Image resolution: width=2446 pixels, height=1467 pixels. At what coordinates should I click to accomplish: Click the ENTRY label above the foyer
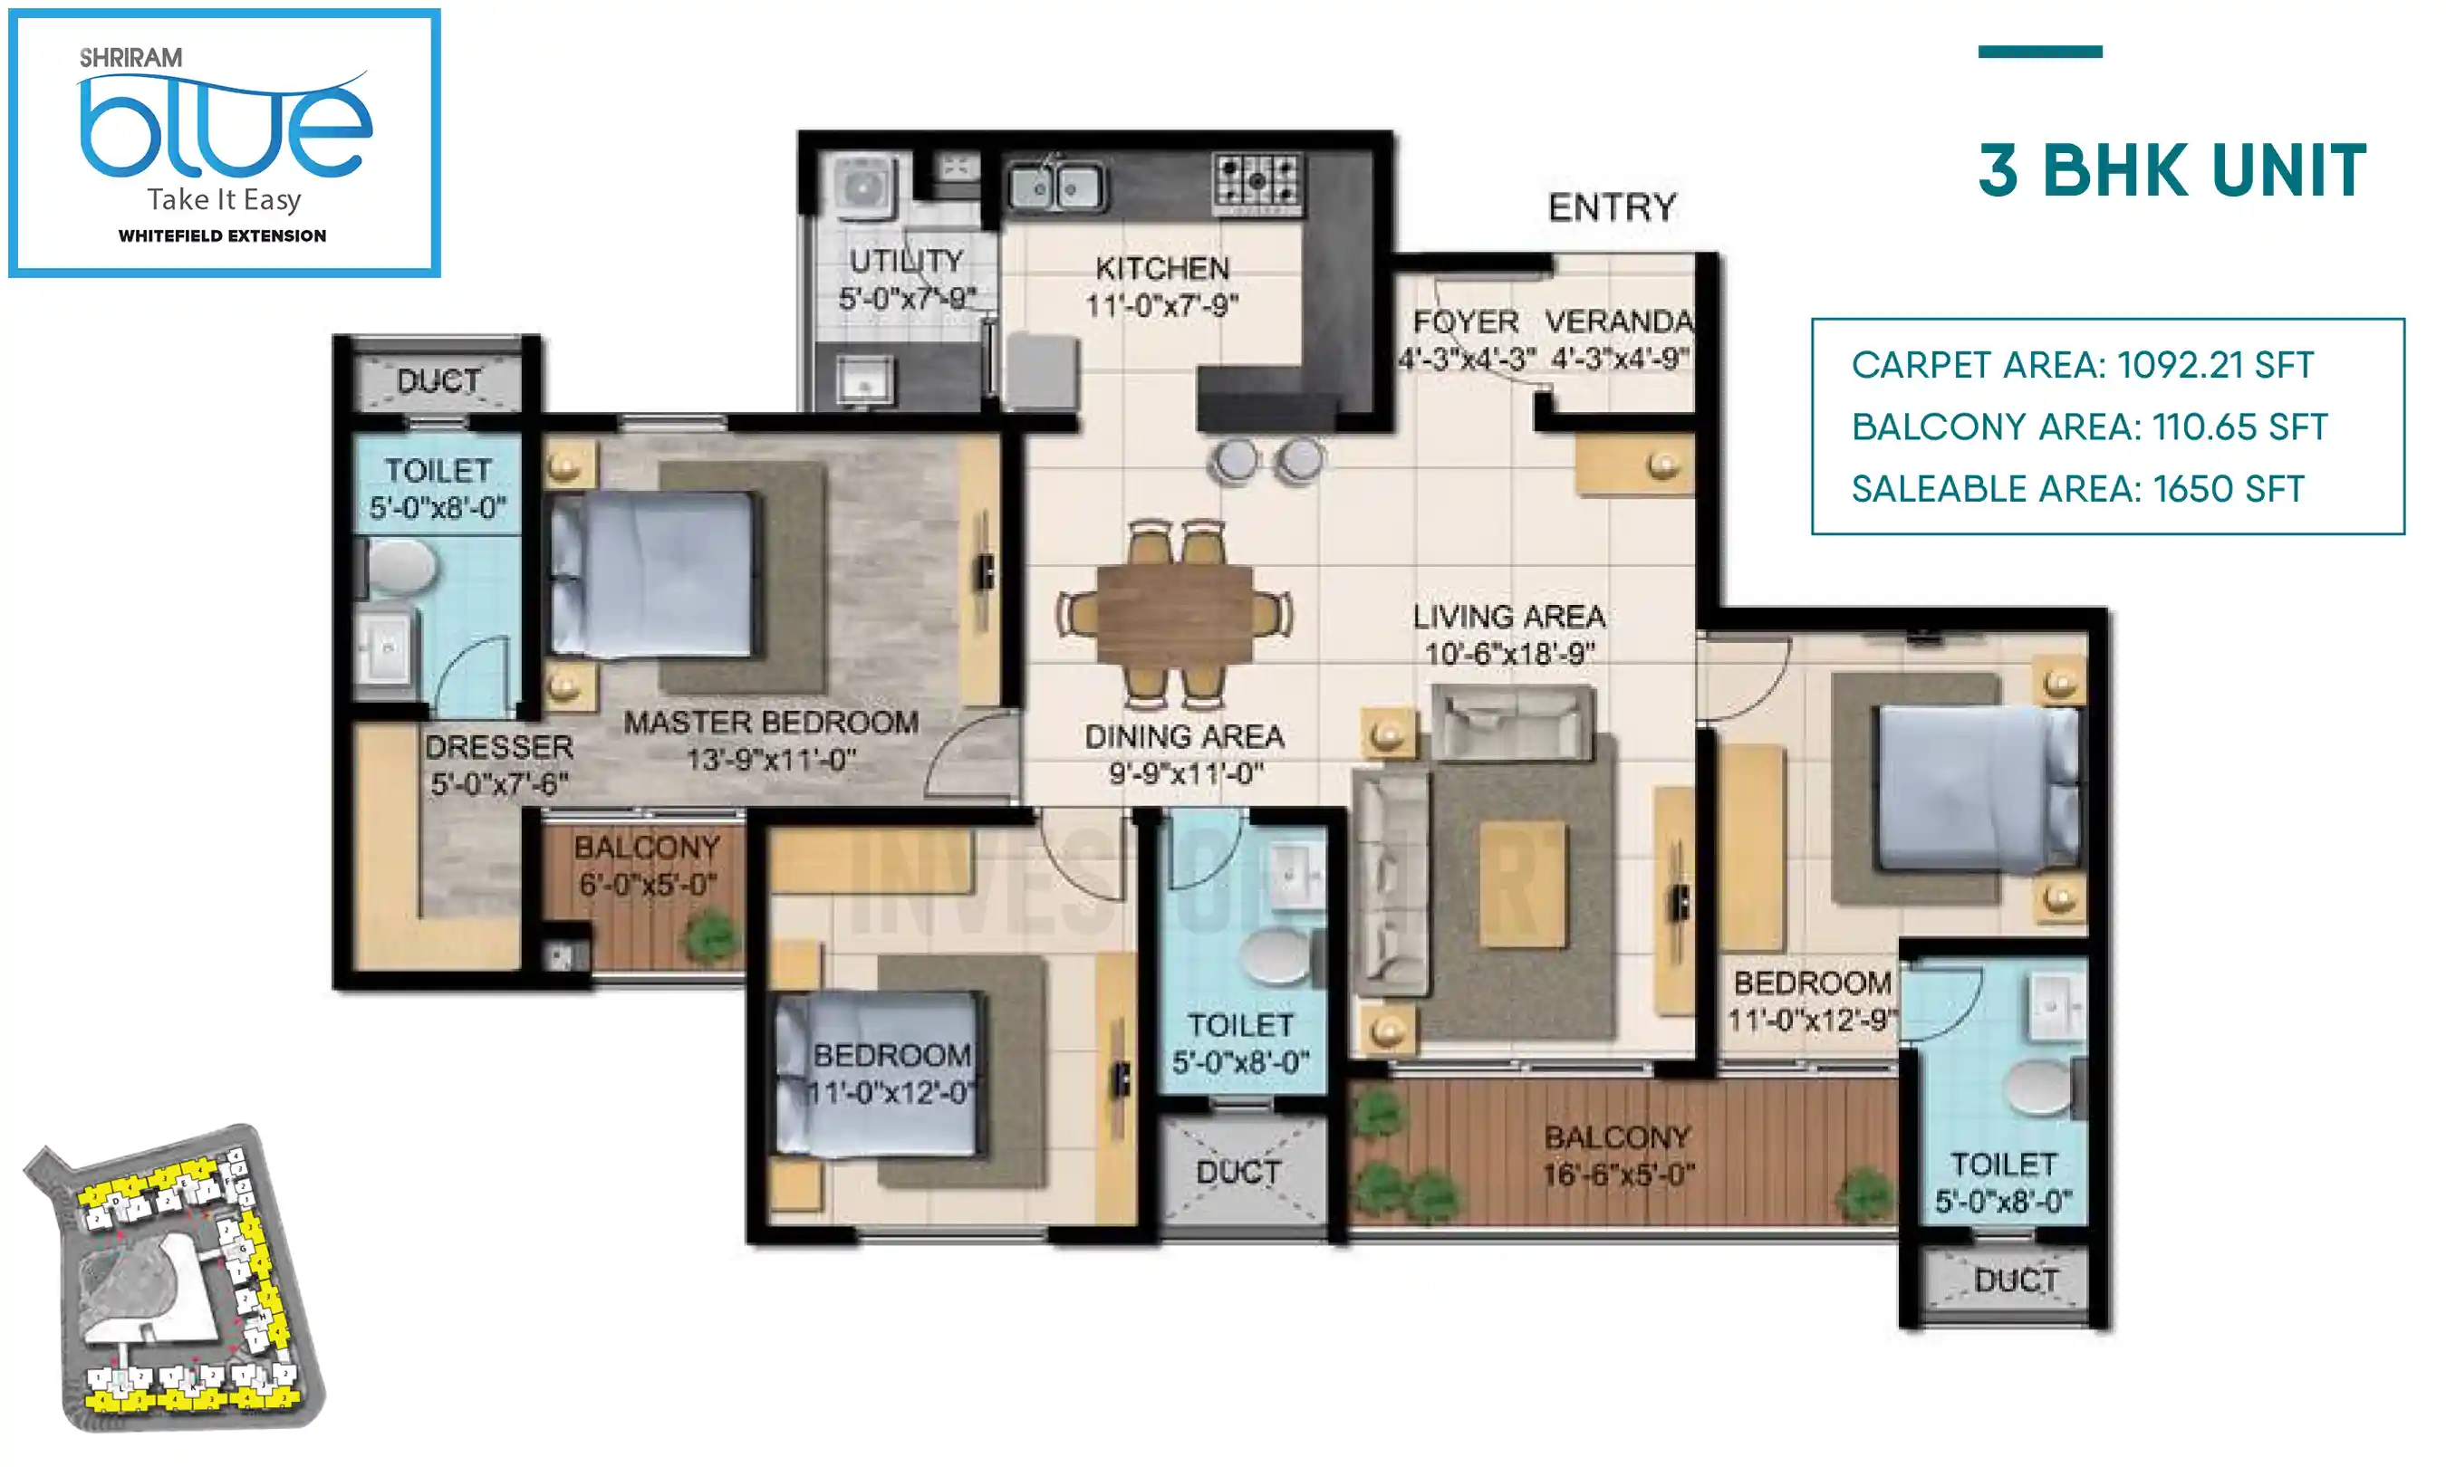click(1612, 207)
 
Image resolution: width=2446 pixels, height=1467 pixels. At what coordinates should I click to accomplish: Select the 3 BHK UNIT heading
click(2172, 171)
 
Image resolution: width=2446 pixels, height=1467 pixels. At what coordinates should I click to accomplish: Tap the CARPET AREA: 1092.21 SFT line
click(2081, 365)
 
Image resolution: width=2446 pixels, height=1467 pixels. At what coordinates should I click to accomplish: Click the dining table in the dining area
click(1173, 615)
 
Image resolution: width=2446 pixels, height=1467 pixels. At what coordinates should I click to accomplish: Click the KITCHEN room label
click(1161, 269)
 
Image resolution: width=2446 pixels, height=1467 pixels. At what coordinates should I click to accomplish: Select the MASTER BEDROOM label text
click(770, 723)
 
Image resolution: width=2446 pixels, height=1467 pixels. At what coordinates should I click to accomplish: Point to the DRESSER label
click(499, 747)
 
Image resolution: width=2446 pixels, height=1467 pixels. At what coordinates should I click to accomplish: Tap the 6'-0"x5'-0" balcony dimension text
click(648, 884)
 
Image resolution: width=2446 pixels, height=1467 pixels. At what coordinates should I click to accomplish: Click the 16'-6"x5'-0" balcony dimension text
click(1619, 1175)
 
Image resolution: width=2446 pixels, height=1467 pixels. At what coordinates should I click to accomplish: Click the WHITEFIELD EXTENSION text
click(223, 235)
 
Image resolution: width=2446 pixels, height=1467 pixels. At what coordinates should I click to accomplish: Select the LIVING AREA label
click(1507, 617)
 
